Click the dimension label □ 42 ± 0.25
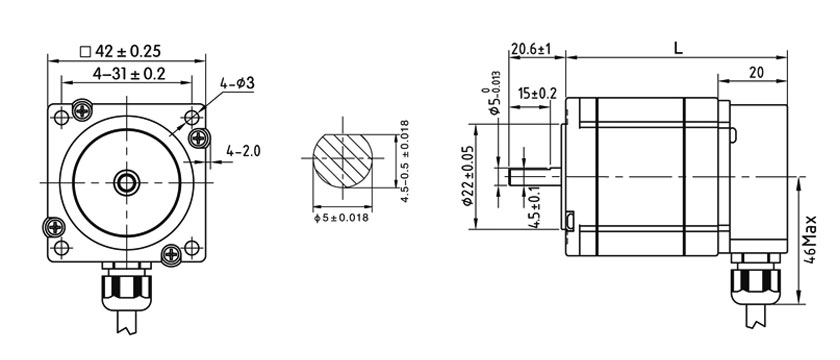point(121,51)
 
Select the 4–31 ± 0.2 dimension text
point(129,74)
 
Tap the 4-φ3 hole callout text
point(237,83)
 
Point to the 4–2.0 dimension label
point(243,152)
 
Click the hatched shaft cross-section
point(342,159)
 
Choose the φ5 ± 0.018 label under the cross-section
point(341,219)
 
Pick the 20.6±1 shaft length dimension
point(531,49)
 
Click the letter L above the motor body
point(678,48)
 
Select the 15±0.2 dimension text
point(538,94)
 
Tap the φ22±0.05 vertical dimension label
point(467,176)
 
